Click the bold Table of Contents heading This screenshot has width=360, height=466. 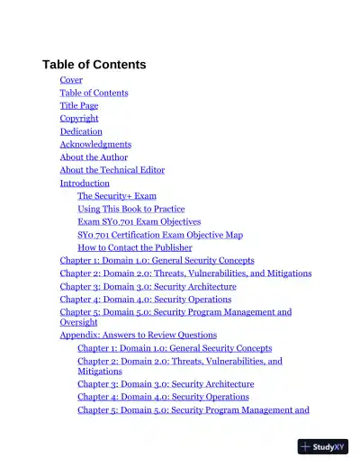[x=94, y=65]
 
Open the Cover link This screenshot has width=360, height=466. [x=71, y=80]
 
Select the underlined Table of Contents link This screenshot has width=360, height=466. [x=94, y=93]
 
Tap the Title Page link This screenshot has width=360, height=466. [x=79, y=105]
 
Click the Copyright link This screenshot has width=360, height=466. [x=79, y=118]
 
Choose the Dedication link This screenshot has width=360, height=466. [x=81, y=131]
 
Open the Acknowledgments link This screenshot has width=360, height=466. [x=95, y=144]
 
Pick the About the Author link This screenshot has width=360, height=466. [x=94, y=157]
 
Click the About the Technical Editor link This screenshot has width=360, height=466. [x=112, y=169]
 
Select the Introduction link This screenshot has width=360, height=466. [x=85, y=183]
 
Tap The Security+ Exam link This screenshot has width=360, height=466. [x=117, y=195]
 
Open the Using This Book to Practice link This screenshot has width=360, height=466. [x=131, y=209]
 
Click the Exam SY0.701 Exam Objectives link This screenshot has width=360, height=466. [x=139, y=221]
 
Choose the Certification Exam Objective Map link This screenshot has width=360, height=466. [x=160, y=235]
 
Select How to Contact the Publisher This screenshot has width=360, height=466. [x=135, y=247]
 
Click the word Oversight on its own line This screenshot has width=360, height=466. [x=79, y=321]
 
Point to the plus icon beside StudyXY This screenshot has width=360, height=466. [x=307, y=446]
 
